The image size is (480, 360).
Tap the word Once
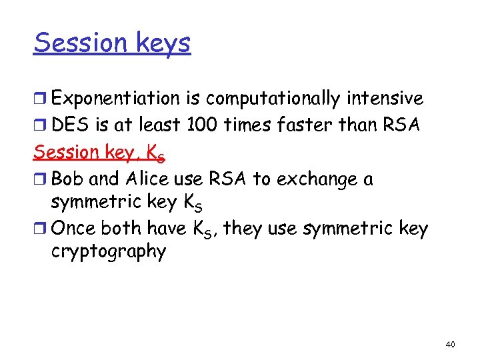coord(73,228)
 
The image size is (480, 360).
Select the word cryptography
coord(108,253)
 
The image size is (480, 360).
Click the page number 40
coord(450,344)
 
